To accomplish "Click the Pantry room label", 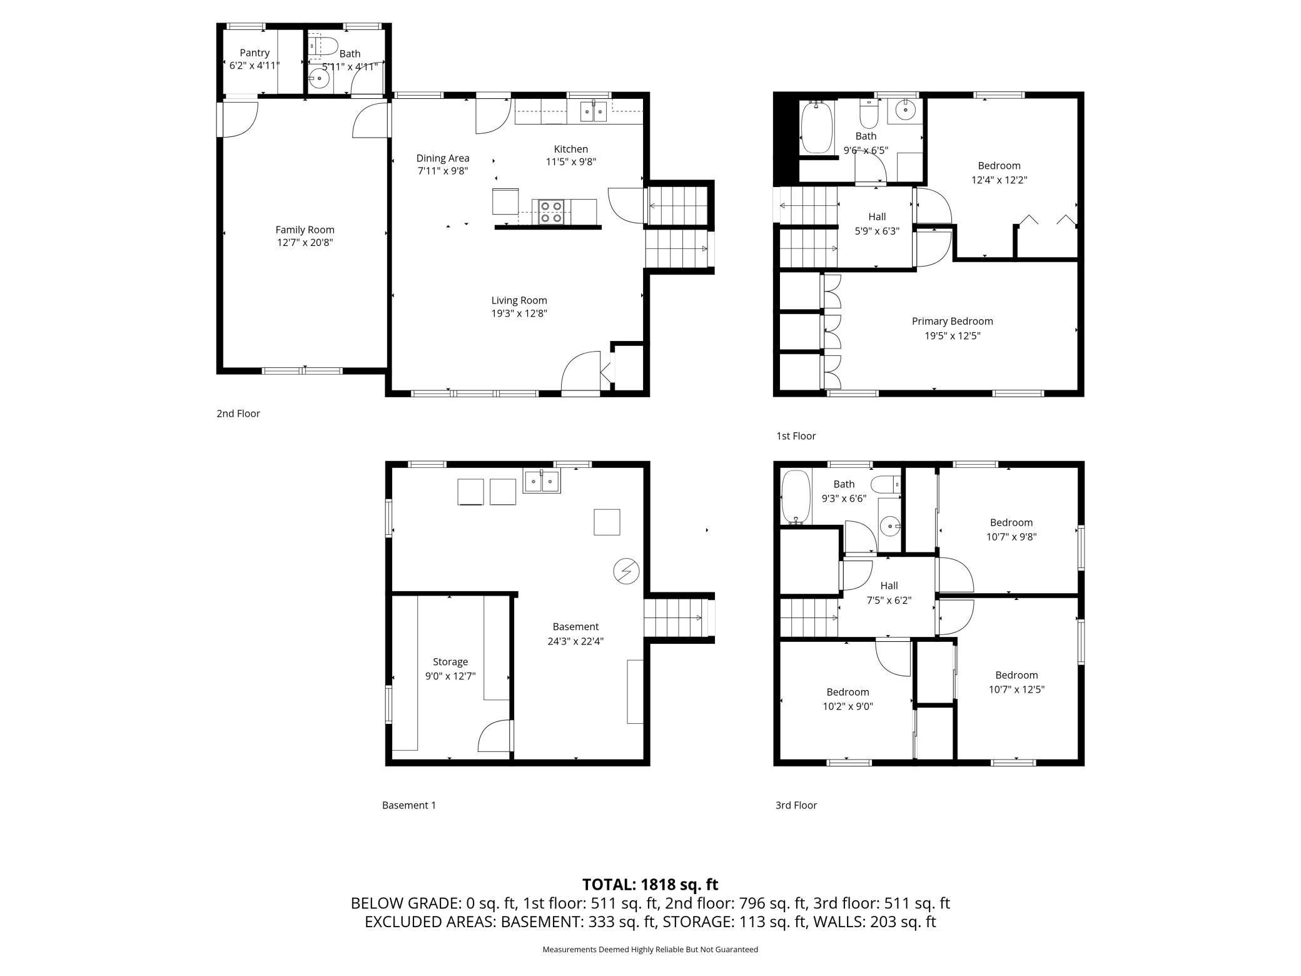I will tap(255, 53).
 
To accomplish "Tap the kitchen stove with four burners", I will tap(551, 211).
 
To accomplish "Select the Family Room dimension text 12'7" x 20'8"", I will tap(305, 243).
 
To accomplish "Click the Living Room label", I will tap(519, 300).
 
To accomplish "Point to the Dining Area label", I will tap(443, 158).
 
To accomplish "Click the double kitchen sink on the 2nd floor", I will tap(594, 111).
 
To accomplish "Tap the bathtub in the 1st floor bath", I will tap(816, 127).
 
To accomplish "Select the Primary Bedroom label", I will tap(952, 321).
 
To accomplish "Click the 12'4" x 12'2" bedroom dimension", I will tap(999, 180).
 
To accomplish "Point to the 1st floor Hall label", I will tap(877, 216).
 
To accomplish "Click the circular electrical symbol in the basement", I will tap(626, 571).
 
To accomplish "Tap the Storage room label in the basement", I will tap(450, 661).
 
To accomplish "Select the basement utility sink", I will tap(542, 481).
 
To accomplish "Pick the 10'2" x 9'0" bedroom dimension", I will tap(848, 706).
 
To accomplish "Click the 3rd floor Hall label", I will tap(889, 586).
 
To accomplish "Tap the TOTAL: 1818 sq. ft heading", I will tap(650, 884).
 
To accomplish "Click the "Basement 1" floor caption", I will tap(408, 805).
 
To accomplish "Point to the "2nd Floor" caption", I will tap(238, 414).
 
